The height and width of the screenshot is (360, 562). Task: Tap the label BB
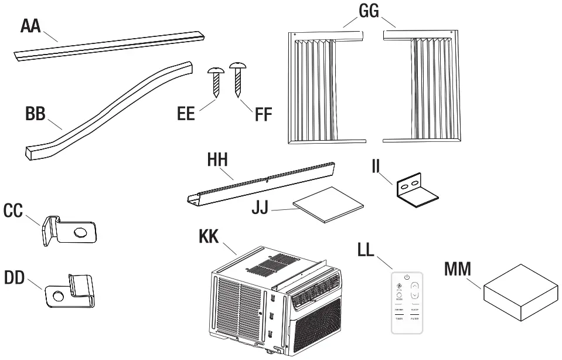click(37, 114)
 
